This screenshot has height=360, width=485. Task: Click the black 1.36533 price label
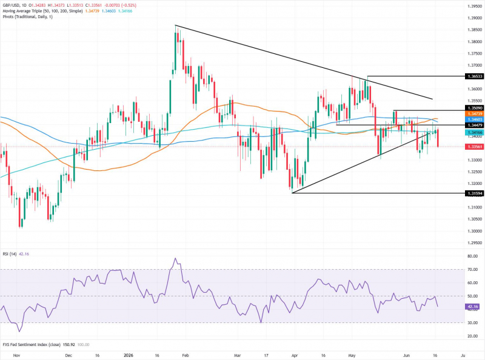tap(474, 76)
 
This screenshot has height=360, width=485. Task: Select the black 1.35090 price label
tap(474, 108)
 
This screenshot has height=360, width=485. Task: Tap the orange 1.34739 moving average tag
tap(474, 114)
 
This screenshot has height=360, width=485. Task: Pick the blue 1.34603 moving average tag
tap(474, 119)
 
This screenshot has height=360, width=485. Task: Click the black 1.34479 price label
tap(474, 125)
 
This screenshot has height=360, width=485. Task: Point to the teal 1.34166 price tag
tap(474, 132)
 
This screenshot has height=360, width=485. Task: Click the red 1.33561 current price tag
tap(474, 147)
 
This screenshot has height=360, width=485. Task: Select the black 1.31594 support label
tap(474, 193)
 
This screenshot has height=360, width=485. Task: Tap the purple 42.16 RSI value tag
tap(472, 307)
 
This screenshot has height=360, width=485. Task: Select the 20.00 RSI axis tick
tap(473, 336)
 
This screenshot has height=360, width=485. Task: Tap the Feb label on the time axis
tap(185, 355)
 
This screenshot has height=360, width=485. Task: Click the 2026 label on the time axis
tap(128, 355)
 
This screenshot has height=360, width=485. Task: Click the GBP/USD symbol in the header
tap(11, 5)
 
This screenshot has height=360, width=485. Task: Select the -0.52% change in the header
tap(129, 5)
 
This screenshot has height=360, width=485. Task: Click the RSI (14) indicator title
tap(10, 254)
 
